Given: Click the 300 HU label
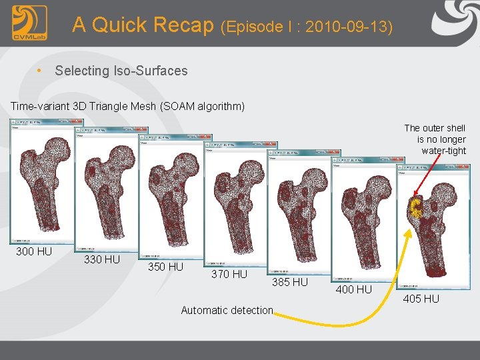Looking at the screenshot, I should click(x=34, y=251).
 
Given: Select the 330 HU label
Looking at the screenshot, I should click(x=102, y=259).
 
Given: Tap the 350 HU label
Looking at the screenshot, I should click(x=165, y=267).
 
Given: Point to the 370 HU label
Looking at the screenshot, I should click(x=229, y=274).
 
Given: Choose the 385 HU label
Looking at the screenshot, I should click(x=290, y=282).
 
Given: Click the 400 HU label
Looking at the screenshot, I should click(x=354, y=289).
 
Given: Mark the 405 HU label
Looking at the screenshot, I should click(x=421, y=298).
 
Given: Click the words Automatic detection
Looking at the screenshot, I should click(x=227, y=310).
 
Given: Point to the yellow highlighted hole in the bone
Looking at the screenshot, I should click(x=416, y=209).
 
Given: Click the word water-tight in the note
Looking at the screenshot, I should click(x=443, y=151).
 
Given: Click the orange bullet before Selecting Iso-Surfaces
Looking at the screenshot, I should click(x=41, y=70).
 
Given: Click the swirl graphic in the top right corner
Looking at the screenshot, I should click(x=456, y=20).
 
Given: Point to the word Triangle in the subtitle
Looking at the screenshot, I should click(x=99, y=106).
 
